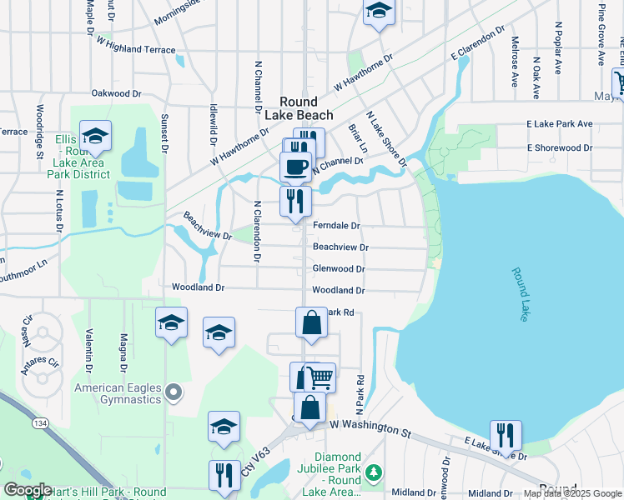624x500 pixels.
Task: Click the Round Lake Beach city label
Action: (x=294, y=107)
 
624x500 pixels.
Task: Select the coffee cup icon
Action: (x=295, y=166)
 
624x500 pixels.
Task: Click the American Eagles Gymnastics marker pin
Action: (x=173, y=391)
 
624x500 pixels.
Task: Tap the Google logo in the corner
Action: (x=28, y=490)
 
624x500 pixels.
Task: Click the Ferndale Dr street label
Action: (x=335, y=226)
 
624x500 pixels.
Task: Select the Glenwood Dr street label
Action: (x=338, y=269)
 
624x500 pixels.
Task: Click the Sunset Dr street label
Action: (x=164, y=133)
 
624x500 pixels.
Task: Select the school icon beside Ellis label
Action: (x=95, y=136)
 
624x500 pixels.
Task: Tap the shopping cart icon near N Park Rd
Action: (x=320, y=377)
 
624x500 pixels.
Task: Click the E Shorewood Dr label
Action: (x=559, y=148)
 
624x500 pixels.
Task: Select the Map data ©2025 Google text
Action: (x=572, y=493)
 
